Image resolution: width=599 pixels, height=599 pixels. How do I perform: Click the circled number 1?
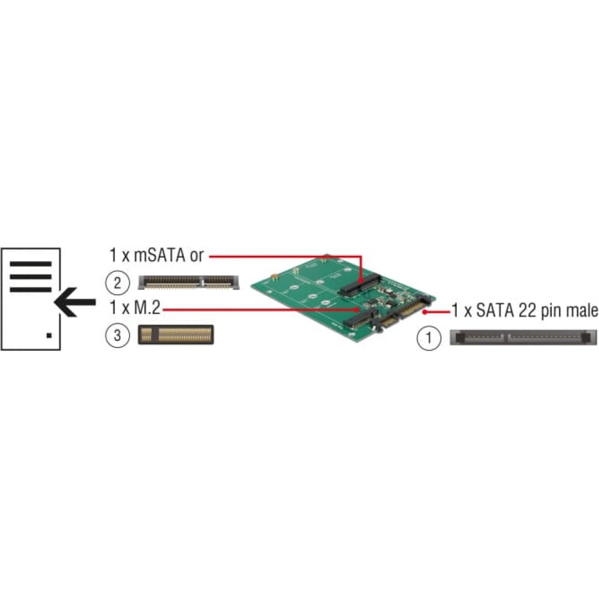coord(429,338)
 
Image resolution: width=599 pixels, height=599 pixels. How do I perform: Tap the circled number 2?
coord(117,283)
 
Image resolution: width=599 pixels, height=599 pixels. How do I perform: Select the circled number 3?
coord(117,335)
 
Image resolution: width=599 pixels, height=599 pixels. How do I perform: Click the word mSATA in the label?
coord(160,255)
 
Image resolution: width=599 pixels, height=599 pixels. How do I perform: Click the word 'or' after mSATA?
coord(196,256)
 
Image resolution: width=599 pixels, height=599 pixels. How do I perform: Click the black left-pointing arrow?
coord(75,302)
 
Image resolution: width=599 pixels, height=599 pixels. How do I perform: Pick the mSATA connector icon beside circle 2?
coord(189,282)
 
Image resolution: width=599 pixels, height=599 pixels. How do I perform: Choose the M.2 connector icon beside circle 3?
coord(176,335)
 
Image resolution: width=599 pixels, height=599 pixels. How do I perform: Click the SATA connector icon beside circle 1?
coord(523,338)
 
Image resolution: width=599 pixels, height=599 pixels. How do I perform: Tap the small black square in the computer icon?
coord(49,335)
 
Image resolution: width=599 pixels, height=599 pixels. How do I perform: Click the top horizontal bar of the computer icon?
coord(31,264)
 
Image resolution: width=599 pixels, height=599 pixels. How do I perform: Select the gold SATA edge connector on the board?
coord(412,310)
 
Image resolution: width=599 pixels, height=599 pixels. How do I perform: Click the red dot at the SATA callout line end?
coord(425,313)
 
